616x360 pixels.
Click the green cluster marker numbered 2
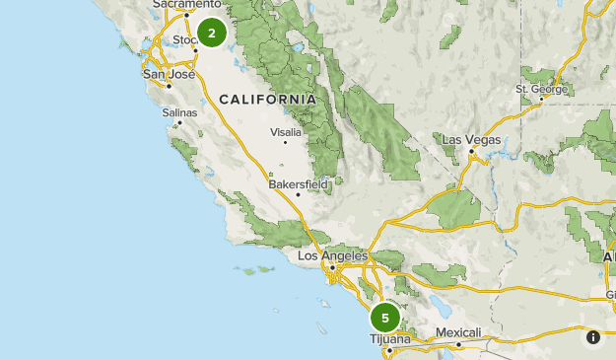(211, 33)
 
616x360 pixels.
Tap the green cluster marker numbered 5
(385, 319)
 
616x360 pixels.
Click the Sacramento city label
(186, 5)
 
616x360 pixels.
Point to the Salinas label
(179, 112)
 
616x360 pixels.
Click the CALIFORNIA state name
(268, 100)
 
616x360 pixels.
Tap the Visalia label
(286, 131)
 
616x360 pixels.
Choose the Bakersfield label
(298, 183)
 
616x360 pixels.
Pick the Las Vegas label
(471, 139)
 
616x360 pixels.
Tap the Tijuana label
(389, 338)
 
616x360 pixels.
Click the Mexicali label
(458, 332)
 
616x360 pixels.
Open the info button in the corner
(593, 337)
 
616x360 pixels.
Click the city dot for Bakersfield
(298, 194)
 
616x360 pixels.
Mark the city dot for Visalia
(286, 142)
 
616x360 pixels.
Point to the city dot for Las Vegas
(472, 150)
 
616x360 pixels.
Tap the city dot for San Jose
(169, 85)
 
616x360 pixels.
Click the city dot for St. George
(540, 100)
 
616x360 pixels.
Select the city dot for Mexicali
(459, 343)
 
